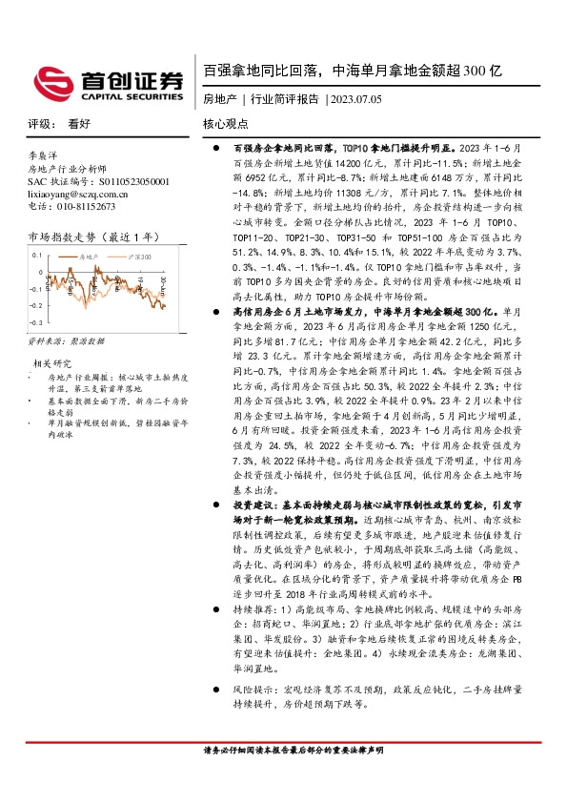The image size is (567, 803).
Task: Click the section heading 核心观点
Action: point(225,125)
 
